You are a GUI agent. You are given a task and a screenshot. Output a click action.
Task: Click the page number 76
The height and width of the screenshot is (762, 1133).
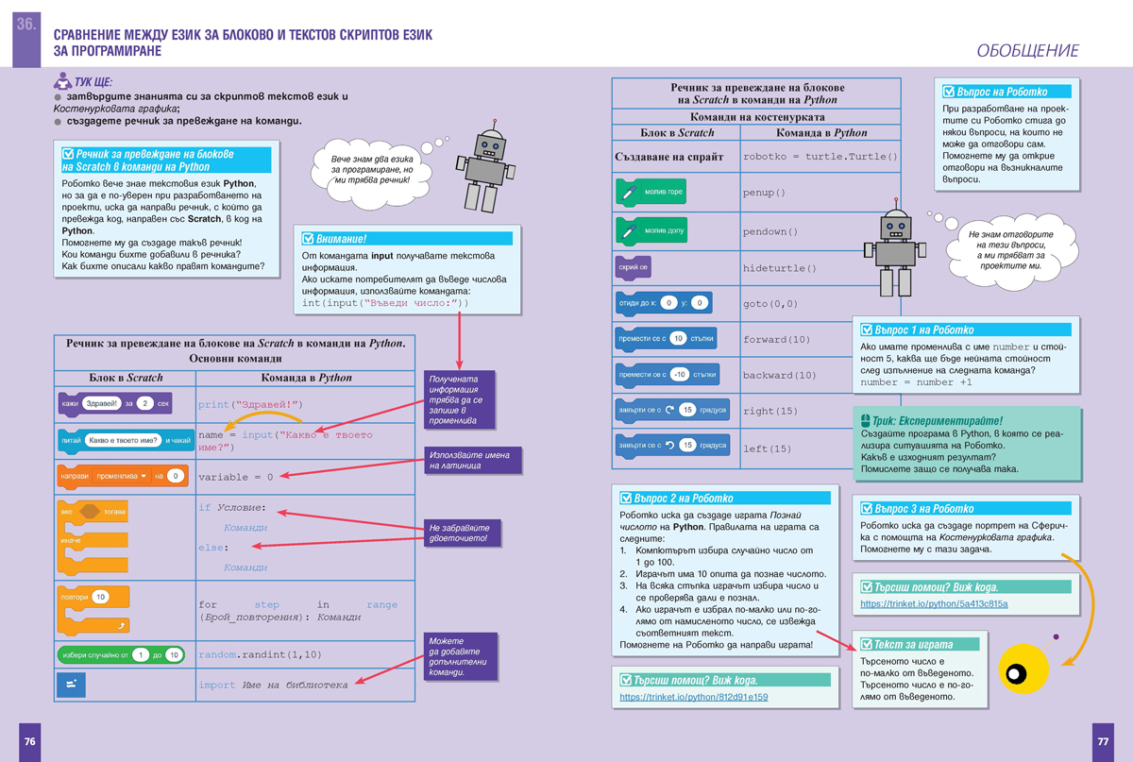pyautogui.click(x=30, y=741)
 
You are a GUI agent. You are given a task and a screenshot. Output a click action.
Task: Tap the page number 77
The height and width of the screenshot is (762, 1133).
pyautogui.click(x=1102, y=741)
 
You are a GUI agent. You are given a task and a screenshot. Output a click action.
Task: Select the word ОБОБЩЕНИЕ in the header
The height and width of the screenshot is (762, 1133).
pyautogui.click(x=1027, y=51)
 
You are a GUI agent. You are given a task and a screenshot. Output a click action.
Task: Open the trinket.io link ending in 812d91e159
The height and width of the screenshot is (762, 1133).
pyautogui.click(x=693, y=698)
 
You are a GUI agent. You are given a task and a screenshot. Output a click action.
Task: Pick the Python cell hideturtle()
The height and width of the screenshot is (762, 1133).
pyautogui.click(x=780, y=268)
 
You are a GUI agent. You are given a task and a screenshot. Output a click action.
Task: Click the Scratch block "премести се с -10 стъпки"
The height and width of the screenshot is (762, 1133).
pyautogui.click(x=667, y=374)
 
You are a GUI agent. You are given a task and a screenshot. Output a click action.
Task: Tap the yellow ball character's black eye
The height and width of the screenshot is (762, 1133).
pyautogui.click(x=1016, y=673)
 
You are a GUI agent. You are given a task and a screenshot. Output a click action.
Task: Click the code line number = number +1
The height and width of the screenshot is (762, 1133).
pyautogui.click(x=917, y=382)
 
